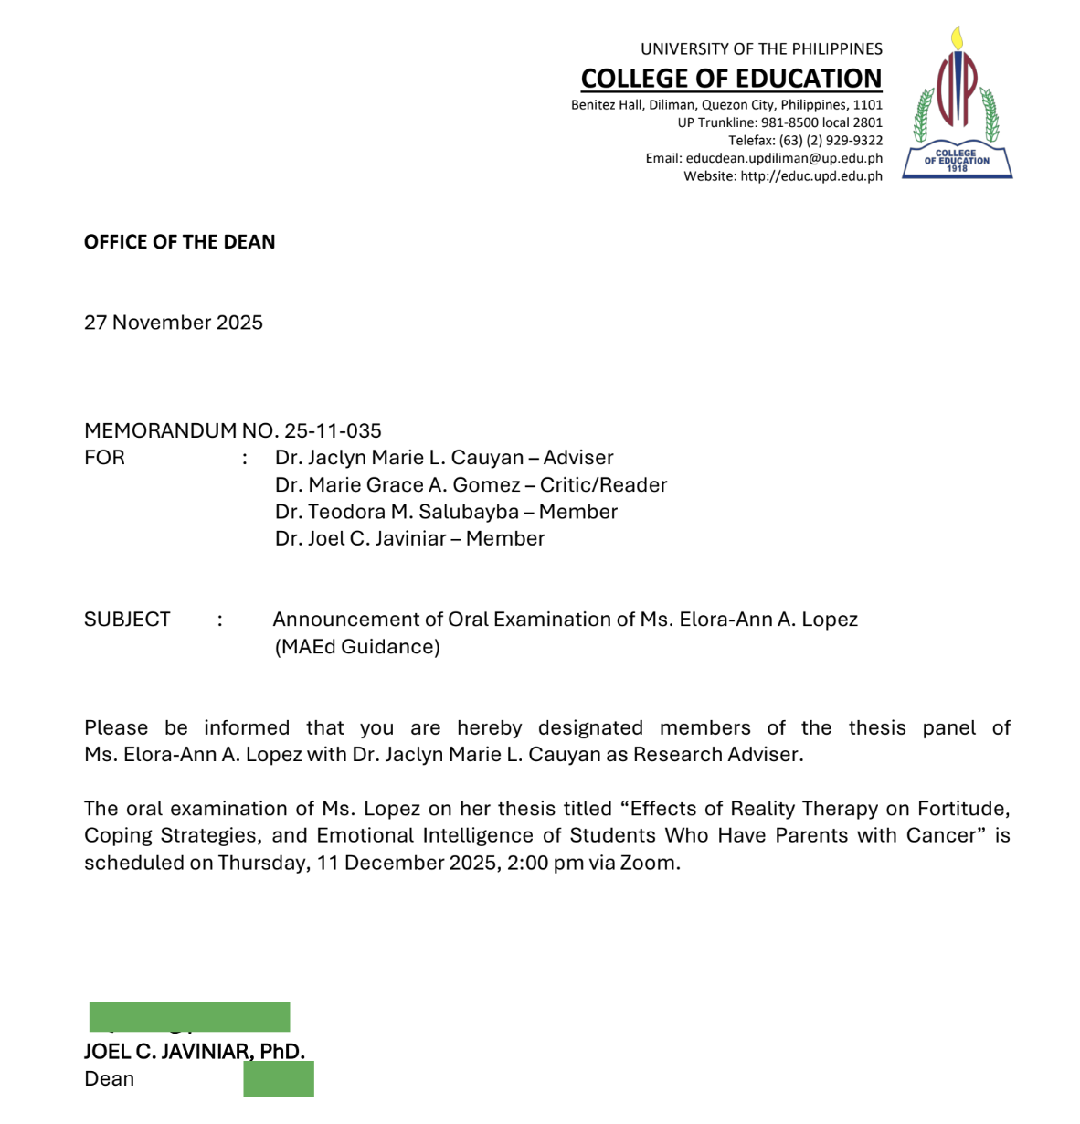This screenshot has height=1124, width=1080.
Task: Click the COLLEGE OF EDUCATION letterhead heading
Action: [x=731, y=79]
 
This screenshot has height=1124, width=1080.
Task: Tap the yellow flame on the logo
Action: [x=957, y=38]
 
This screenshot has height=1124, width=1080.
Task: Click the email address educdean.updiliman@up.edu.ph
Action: [x=784, y=158]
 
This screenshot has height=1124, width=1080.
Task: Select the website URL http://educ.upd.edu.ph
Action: [x=811, y=176]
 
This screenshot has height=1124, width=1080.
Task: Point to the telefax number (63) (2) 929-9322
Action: [x=831, y=141]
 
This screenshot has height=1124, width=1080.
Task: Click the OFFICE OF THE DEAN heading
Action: [x=179, y=242]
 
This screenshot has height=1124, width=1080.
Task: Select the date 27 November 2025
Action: [x=174, y=323]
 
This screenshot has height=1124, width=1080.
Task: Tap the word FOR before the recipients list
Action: [x=104, y=458]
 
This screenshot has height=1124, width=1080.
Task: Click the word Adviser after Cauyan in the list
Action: [x=578, y=458]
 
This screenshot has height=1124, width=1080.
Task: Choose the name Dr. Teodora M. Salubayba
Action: [x=397, y=512]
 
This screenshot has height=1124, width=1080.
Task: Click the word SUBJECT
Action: [x=127, y=620]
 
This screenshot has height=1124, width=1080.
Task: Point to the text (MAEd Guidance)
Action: [x=357, y=647]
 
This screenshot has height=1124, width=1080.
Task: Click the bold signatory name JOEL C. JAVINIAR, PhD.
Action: [x=195, y=1052]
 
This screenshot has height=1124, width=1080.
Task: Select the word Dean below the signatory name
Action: [x=109, y=1079]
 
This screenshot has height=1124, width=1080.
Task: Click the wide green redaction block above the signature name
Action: [x=189, y=1016]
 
